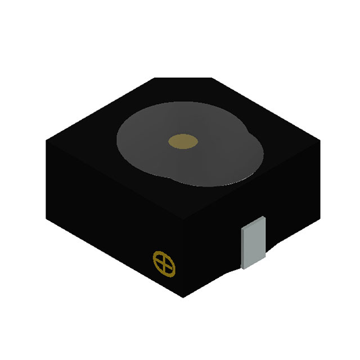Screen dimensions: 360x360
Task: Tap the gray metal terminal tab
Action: coord(253,241)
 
